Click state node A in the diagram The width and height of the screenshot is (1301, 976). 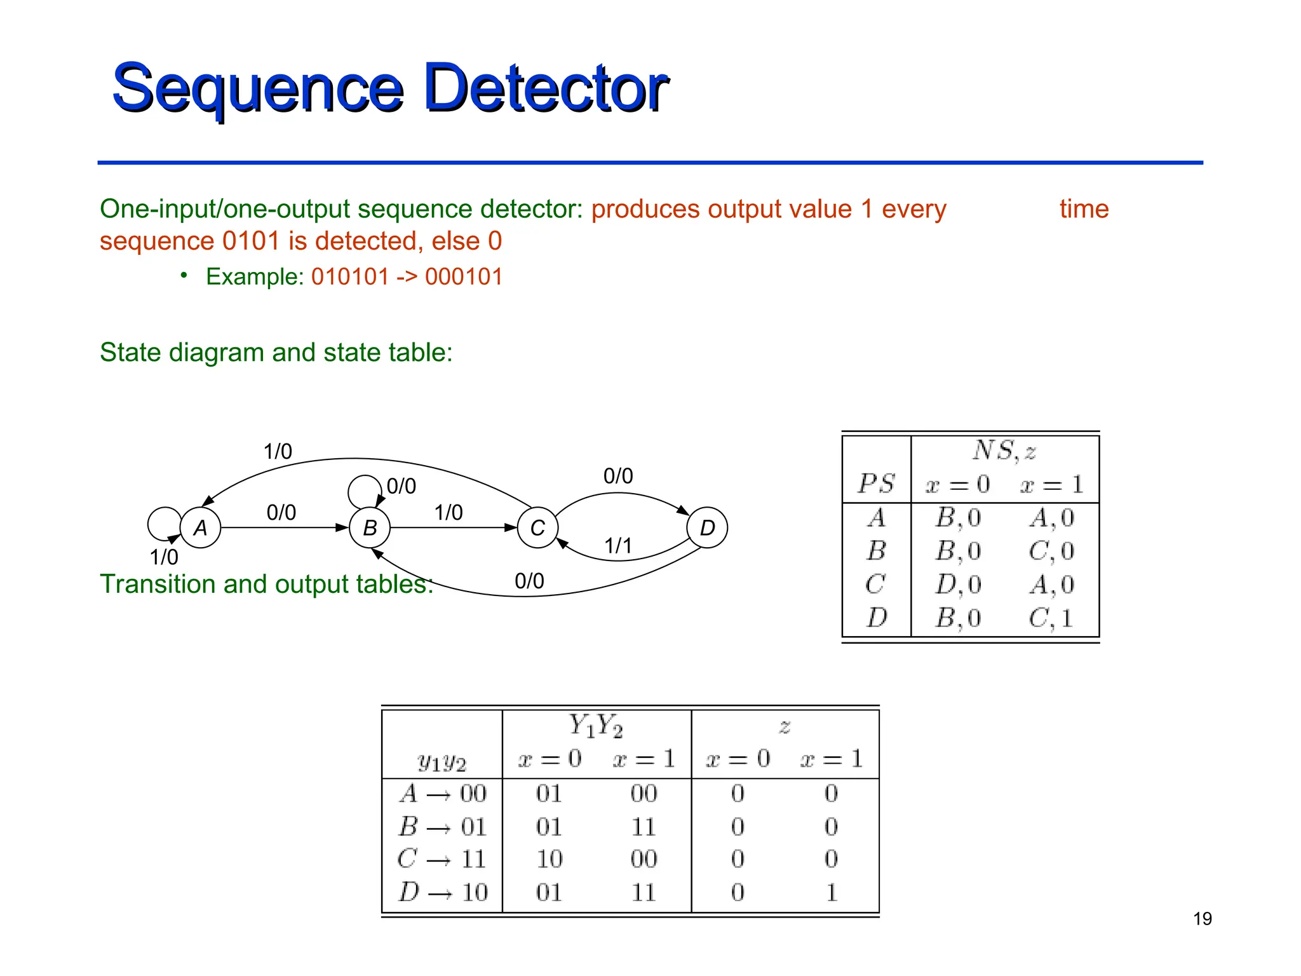[200, 527]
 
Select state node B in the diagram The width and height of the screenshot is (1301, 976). [370, 527]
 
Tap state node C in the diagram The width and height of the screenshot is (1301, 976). [537, 527]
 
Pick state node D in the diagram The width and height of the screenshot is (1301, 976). [707, 527]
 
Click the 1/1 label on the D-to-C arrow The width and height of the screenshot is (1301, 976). [618, 546]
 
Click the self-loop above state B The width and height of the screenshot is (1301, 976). [364, 491]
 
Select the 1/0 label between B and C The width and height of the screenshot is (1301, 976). [448, 513]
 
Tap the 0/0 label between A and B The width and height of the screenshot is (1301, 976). [281, 513]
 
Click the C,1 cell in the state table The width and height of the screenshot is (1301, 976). [1051, 618]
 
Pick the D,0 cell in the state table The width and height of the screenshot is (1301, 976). [958, 585]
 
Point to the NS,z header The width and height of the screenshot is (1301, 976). [1004, 451]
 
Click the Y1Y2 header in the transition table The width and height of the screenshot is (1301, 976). [596, 726]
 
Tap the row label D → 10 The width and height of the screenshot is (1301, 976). [443, 892]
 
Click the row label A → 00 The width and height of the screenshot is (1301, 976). [443, 794]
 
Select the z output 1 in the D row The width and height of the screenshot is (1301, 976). [832, 892]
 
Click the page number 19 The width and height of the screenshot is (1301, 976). [1202, 919]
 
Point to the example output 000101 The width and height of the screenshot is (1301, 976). [464, 277]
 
